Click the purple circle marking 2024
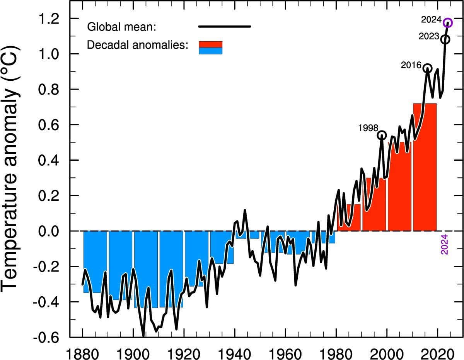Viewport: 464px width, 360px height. (x=448, y=22)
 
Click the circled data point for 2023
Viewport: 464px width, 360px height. (x=445, y=39)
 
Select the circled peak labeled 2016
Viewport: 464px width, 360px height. (x=427, y=68)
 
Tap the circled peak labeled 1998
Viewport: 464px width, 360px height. (x=382, y=135)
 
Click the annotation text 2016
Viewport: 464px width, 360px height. (x=411, y=65)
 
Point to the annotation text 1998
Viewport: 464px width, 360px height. (x=368, y=128)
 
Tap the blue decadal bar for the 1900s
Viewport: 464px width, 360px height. (x=146, y=267)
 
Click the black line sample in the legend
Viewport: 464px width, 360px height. (x=224, y=27)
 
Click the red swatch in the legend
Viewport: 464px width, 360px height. (x=210, y=44)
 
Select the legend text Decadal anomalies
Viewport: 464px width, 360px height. (x=138, y=45)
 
